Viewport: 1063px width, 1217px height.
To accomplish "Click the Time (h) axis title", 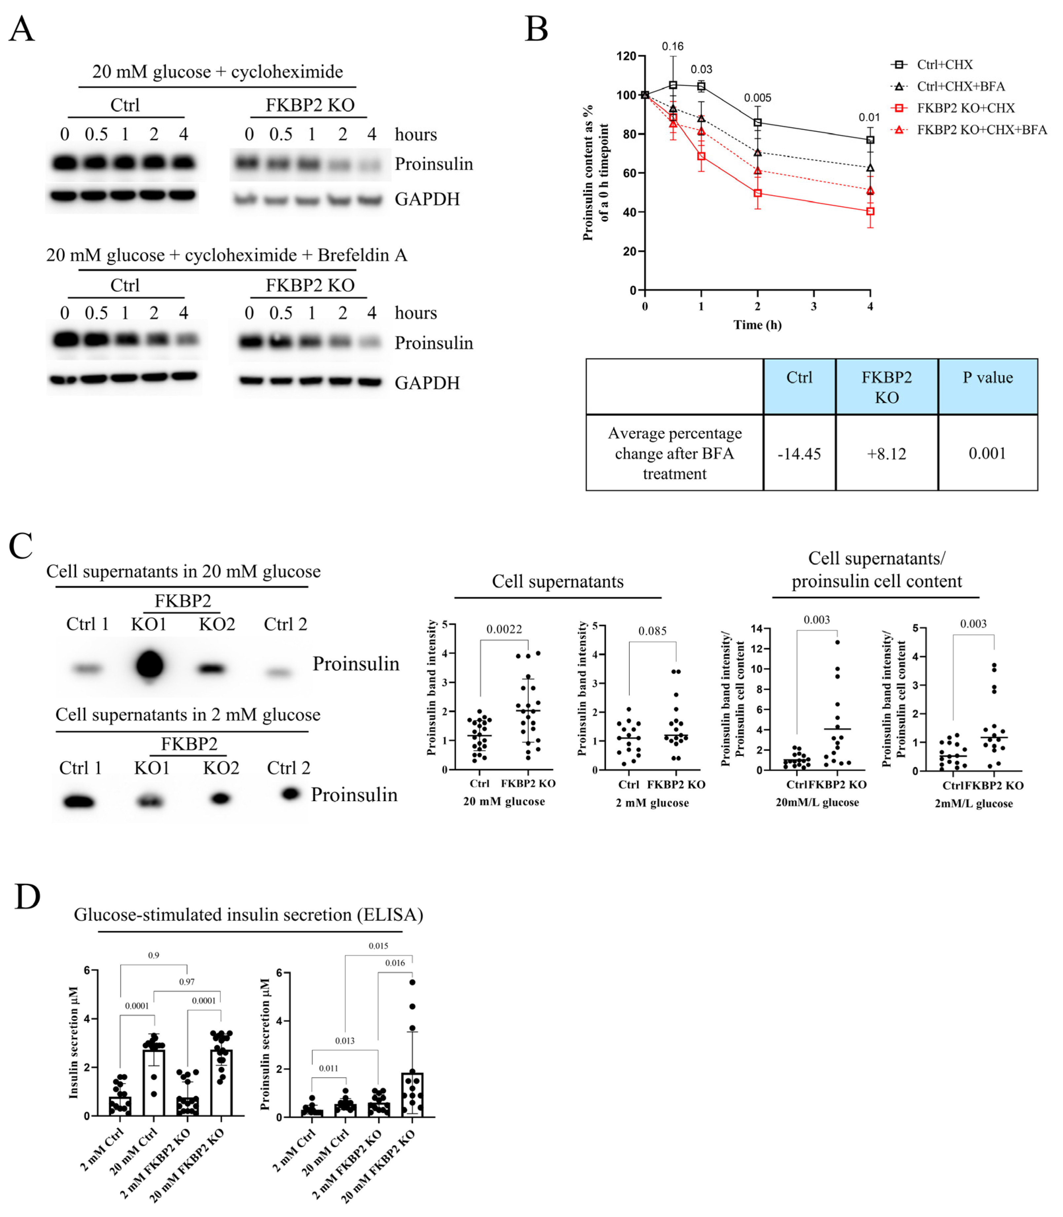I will click(757, 325).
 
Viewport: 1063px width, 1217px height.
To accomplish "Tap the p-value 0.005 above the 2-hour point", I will click(758, 98).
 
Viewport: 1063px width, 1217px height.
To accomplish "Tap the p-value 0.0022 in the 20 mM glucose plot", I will click(504, 629).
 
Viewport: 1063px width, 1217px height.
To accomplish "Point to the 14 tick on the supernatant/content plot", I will click(757, 629).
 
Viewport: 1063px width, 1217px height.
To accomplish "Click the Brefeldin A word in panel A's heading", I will click(363, 255).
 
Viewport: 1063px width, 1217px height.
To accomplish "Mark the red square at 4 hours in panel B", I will click(869, 211).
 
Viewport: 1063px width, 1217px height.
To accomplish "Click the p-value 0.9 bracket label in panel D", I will click(154, 955).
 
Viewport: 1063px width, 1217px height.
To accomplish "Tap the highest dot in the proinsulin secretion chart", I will click(412, 982).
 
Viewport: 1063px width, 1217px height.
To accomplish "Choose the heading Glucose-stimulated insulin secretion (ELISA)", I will click(249, 915).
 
